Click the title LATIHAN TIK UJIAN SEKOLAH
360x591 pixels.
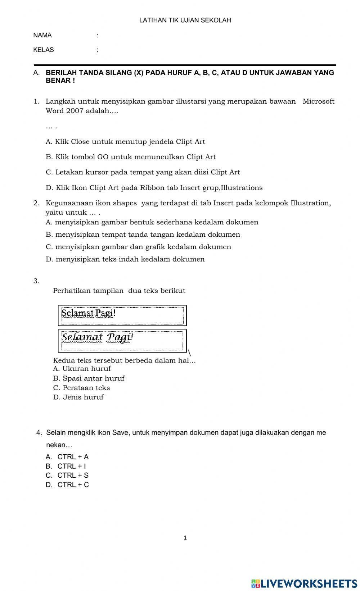pyautogui.click(x=185, y=21)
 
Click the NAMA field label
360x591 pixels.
pyautogui.click(x=42, y=35)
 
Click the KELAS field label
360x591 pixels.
pyautogui.click(x=44, y=50)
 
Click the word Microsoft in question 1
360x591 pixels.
pyautogui.click(x=318, y=101)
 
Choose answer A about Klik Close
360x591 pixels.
pyautogui.click(x=125, y=142)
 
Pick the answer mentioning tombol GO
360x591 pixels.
pyautogui.click(x=131, y=157)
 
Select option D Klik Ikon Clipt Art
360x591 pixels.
pyautogui.click(x=154, y=188)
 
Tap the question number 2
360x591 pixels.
pyautogui.click(x=36, y=203)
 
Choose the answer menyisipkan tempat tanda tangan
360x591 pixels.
pyautogui.click(x=143, y=235)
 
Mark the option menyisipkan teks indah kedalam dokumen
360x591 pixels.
pyautogui.click(x=125, y=259)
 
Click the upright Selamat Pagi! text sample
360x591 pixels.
pyautogui.click(x=89, y=313)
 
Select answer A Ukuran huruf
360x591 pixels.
pyautogui.click(x=82, y=369)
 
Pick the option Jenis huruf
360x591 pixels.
pyautogui.click(x=78, y=397)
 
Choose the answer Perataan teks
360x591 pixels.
pyautogui.click(x=82, y=388)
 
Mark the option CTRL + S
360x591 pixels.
pyautogui.click(x=67, y=476)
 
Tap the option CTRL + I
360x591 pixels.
pyautogui.click(x=66, y=466)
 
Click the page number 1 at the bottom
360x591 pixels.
pyautogui.click(x=185, y=538)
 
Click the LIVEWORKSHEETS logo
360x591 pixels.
pyautogui.click(x=304, y=583)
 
